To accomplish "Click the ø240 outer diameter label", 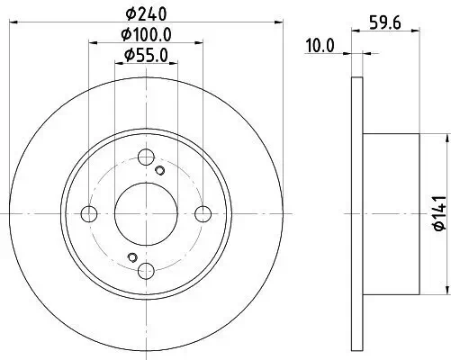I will pos(146,13).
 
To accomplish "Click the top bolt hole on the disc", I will pos(146,157).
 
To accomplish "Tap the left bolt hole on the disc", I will pos(89,214).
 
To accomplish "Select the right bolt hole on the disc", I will pos(203,214).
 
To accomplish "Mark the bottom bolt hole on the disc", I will pos(146,271).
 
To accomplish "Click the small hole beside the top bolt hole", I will pos(160,171).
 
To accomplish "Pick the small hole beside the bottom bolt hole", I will pos(132,258).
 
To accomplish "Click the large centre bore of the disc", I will pos(146,214).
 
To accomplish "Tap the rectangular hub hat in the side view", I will pos(387,214).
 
